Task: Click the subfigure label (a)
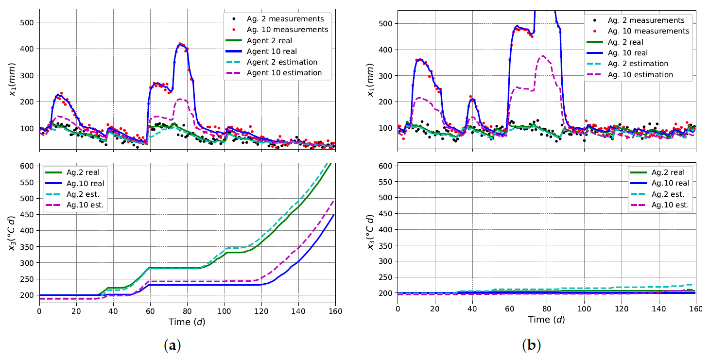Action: click(x=173, y=345)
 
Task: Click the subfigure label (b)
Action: click(x=531, y=345)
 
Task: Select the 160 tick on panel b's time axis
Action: click(x=695, y=309)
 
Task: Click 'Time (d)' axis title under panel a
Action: click(x=187, y=322)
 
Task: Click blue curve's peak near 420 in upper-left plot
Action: click(x=181, y=44)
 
